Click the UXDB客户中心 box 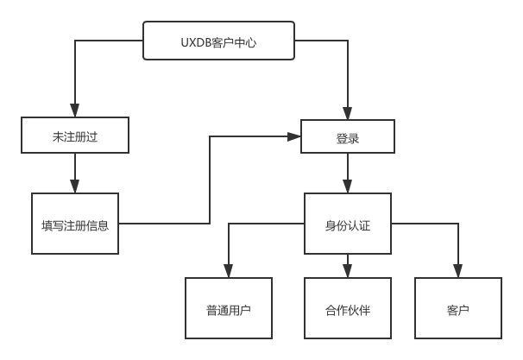coord(217,41)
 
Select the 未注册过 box coord(75,136)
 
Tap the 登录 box coord(347,136)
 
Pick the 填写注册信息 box coord(75,224)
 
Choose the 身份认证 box coord(347,224)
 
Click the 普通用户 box coord(229,308)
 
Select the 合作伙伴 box coord(347,308)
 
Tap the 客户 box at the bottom coord(458,308)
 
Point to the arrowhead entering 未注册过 coord(75,113)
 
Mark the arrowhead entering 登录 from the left coord(294,136)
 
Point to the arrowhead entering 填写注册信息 coord(75,187)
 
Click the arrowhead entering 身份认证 coord(347,187)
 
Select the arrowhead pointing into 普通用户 coord(229,271)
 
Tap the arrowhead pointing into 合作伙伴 coord(347,271)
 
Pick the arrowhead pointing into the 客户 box coord(458,271)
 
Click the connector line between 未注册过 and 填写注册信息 coord(75,168)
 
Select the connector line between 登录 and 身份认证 coord(347,168)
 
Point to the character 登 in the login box coord(341,136)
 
